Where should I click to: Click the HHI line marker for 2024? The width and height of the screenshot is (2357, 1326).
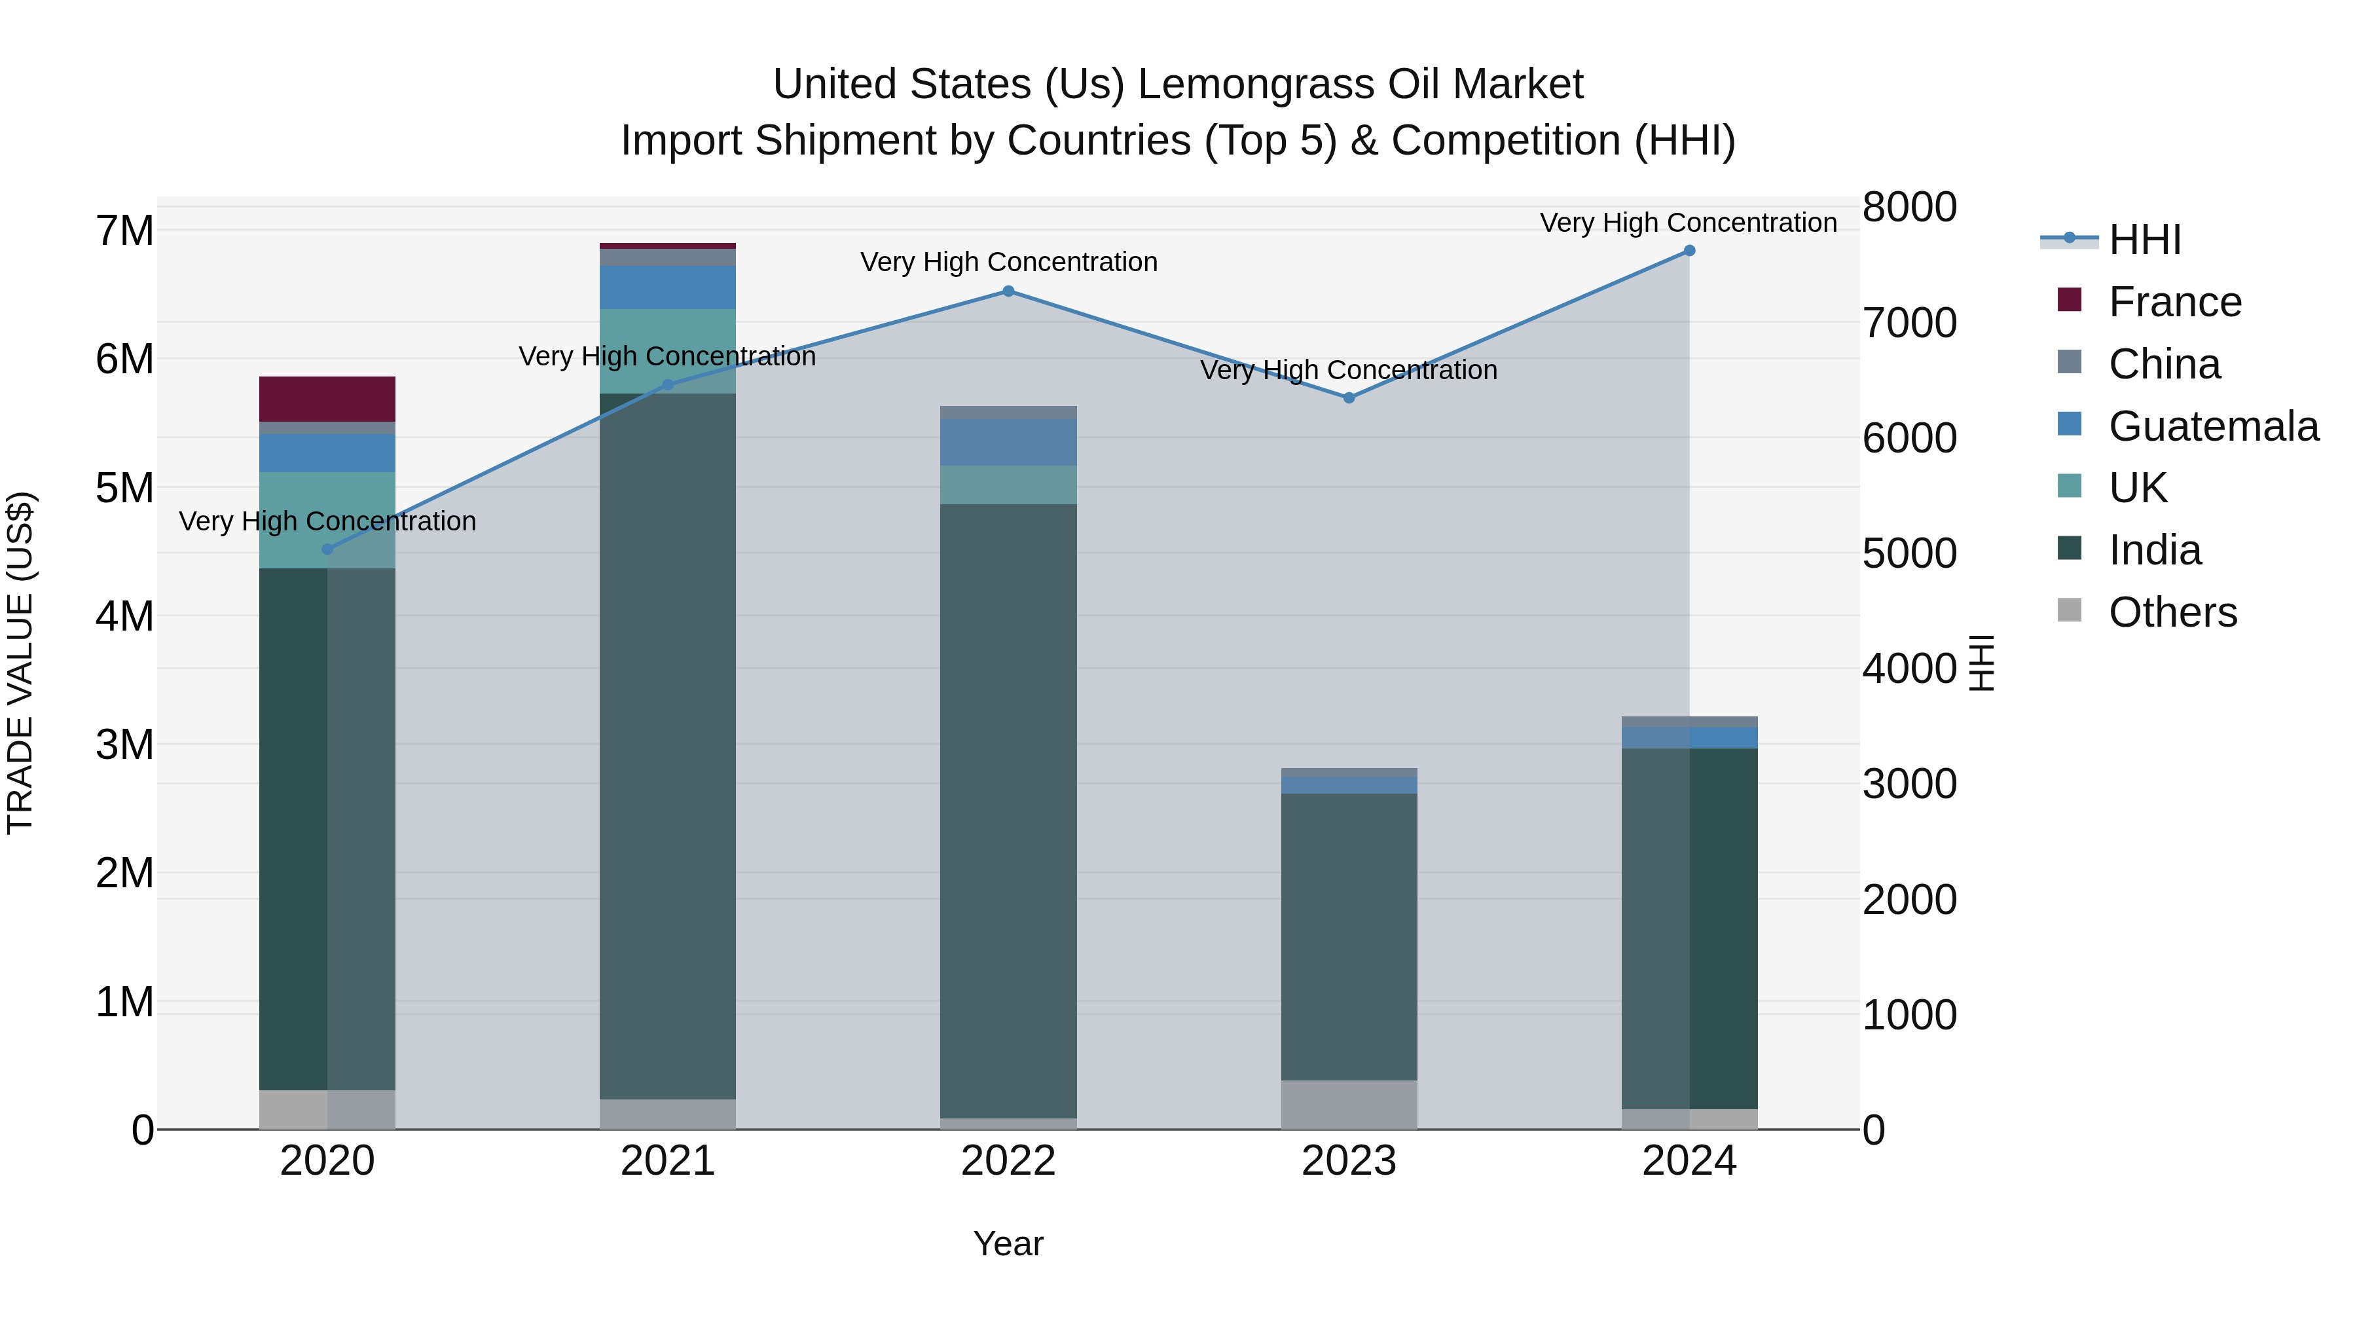click(1689, 251)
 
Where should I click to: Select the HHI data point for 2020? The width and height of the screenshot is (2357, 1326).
click(327, 549)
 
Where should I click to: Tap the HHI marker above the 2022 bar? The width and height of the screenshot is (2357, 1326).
click(1008, 291)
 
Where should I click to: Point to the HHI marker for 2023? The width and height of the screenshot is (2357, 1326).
click(1349, 398)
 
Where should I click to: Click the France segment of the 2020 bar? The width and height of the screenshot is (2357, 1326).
click(327, 399)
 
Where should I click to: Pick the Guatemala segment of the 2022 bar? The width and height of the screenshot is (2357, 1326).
click(1008, 442)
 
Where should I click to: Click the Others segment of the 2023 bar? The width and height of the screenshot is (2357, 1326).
click(1349, 1105)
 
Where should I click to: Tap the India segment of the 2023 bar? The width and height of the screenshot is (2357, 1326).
click(1349, 936)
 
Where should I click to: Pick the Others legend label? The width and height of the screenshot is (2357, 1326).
click(2172, 612)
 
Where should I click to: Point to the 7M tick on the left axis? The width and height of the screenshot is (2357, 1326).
click(124, 230)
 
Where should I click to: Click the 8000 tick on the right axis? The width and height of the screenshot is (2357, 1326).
click(1910, 207)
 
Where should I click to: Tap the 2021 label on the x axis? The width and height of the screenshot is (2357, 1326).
click(668, 1161)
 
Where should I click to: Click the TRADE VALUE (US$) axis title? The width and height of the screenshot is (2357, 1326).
click(21, 663)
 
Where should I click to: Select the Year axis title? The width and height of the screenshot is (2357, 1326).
click(1008, 1243)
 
